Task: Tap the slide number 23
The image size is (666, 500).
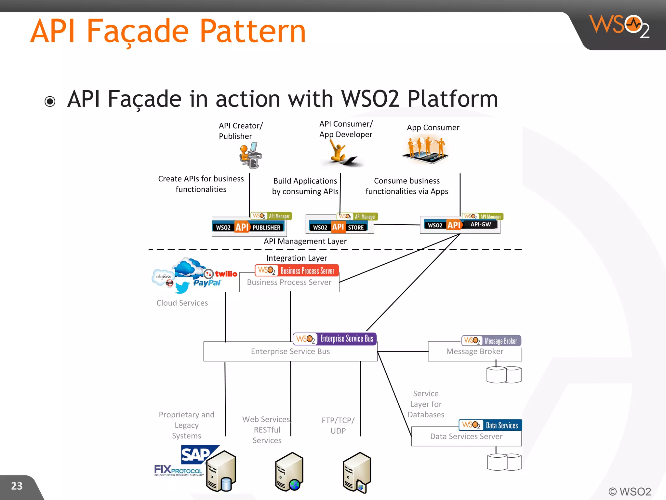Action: pyautogui.click(x=17, y=486)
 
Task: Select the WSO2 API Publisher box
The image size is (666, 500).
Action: pyautogui.click(x=249, y=227)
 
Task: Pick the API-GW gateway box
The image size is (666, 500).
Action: pyautogui.click(x=460, y=225)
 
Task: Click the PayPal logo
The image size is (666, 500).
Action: pyautogui.click(x=207, y=283)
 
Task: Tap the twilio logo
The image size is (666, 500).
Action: pyautogui.click(x=221, y=274)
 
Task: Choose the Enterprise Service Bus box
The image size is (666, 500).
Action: pyautogui.click(x=290, y=351)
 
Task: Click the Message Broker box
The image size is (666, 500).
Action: pyautogui.click(x=474, y=352)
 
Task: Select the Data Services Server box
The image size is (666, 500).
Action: pyautogui.click(x=466, y=437)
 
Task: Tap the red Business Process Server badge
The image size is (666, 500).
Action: pyautogui.click(x=297, y=271)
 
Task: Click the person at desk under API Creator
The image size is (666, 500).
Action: pyautogui.click(x=250, y=155)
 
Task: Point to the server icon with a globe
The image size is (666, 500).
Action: pyautogui.click(x=289, y=472)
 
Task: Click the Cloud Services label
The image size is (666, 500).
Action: pyautogui.click(x=182, y=303)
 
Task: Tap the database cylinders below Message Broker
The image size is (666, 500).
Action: pyautogui.click(x=504, y=374)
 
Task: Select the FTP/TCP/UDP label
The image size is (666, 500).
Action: pyautogui.click(x=338, y=425)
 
